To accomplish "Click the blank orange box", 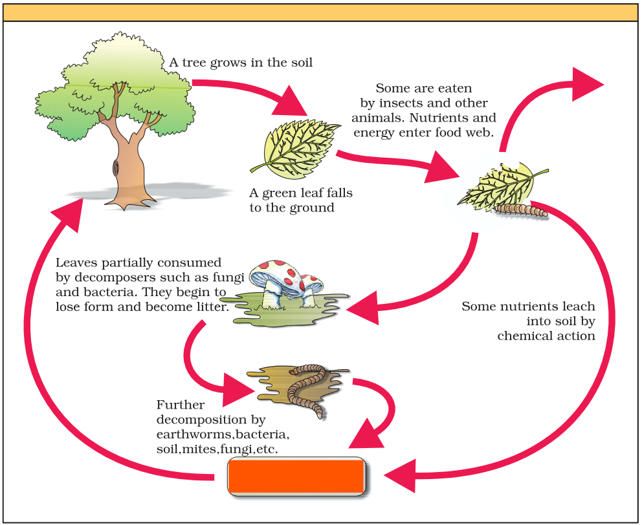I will [x=297, y=477].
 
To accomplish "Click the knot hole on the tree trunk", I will [x=115, y=168].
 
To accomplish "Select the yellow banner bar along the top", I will [x=321, y=12].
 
